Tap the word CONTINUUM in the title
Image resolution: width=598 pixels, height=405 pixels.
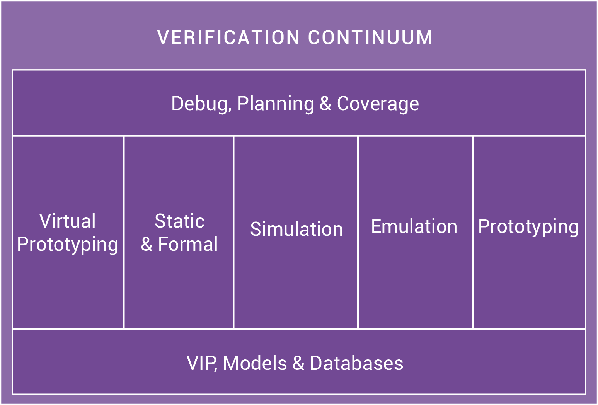370,37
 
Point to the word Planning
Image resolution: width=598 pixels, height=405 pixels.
276,104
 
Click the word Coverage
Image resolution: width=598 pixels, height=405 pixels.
378,104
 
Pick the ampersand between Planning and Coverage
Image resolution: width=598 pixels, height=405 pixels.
325,104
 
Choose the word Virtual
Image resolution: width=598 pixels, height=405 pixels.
68,221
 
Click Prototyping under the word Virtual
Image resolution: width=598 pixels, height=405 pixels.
68,245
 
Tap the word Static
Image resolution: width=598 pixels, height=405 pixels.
180,221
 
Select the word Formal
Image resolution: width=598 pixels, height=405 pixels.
188,244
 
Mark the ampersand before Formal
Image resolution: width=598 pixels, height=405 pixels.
147,244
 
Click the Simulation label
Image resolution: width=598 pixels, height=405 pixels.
296,229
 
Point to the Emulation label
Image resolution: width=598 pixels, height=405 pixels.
414,226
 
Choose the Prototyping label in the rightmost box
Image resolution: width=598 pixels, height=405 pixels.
528,227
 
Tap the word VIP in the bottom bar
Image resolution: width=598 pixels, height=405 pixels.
201,363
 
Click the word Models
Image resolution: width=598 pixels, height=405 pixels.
255,363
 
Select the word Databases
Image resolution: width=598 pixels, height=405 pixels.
356,363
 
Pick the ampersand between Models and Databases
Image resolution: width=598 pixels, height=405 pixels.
298,363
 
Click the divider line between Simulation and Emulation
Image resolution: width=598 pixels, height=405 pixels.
358,233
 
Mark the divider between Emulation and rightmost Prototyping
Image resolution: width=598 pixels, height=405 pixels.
473,233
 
